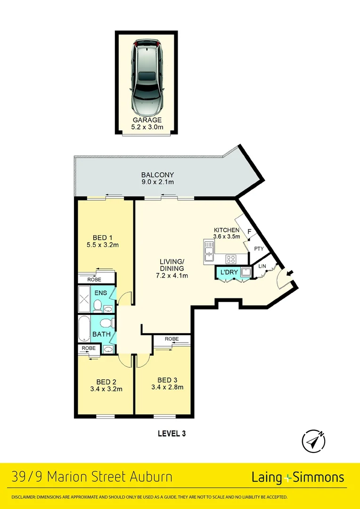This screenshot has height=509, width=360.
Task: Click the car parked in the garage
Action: (x=146, y=78)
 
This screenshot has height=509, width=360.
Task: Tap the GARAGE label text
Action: (x=146, y=120)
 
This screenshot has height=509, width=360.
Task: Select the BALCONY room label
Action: (x=151, y=175)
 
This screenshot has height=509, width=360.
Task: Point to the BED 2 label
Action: (x=106, y=382)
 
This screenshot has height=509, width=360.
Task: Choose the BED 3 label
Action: (x=167, y=380)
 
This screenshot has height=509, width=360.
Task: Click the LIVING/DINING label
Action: (x=172, y=265)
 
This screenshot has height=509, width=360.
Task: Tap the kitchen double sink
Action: (x=209, y=251)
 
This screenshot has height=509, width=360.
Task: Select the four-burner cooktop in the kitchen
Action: (x=231, y=259)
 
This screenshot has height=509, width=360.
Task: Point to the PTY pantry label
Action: (x=259, y=249)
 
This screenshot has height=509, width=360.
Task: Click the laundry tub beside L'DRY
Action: (x=245, y=272)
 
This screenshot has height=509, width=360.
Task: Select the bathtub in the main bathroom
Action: (x=85, y=329)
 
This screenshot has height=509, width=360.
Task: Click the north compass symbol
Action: (x=313, y=442)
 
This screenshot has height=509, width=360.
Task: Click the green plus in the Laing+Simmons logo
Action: (x=287, y=477)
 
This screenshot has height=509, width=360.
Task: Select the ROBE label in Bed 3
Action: (x=172, y=339)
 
